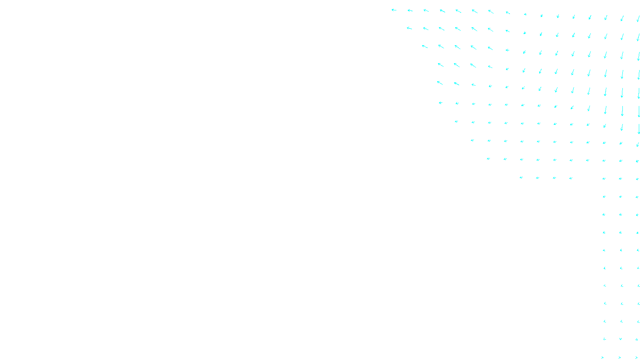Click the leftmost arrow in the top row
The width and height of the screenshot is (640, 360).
(x=394, y=10)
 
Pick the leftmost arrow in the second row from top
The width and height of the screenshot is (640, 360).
(x=409, y=28)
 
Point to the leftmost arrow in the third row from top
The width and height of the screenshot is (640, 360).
(x=425, y=47)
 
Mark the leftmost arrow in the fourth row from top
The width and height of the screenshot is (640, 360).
(x=440, y=65)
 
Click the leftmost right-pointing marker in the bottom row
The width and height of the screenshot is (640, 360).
(x=603, y=357)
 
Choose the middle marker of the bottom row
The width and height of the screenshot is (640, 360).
(x=620, y=357)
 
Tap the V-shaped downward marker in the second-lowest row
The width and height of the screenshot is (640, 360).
(x=620, y=339)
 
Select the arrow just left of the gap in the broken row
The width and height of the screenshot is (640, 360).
(x=571, y=178)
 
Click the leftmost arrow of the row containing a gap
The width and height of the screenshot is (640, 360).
(x=521, y=178)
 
